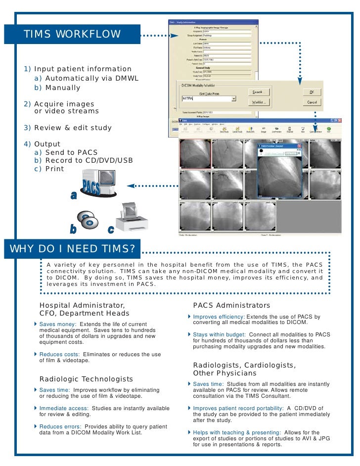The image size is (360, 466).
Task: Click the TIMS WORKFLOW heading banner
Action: click(x=72, y=34)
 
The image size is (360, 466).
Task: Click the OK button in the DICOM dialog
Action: click(x=312, y=92)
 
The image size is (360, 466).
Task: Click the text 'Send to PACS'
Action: click(x=71, y=152)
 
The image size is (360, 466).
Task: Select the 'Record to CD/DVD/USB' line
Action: click(x=89, y=161)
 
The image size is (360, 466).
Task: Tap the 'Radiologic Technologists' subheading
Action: click(x=86, y=379)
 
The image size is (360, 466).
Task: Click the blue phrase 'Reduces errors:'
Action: click(x=59, y=426)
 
